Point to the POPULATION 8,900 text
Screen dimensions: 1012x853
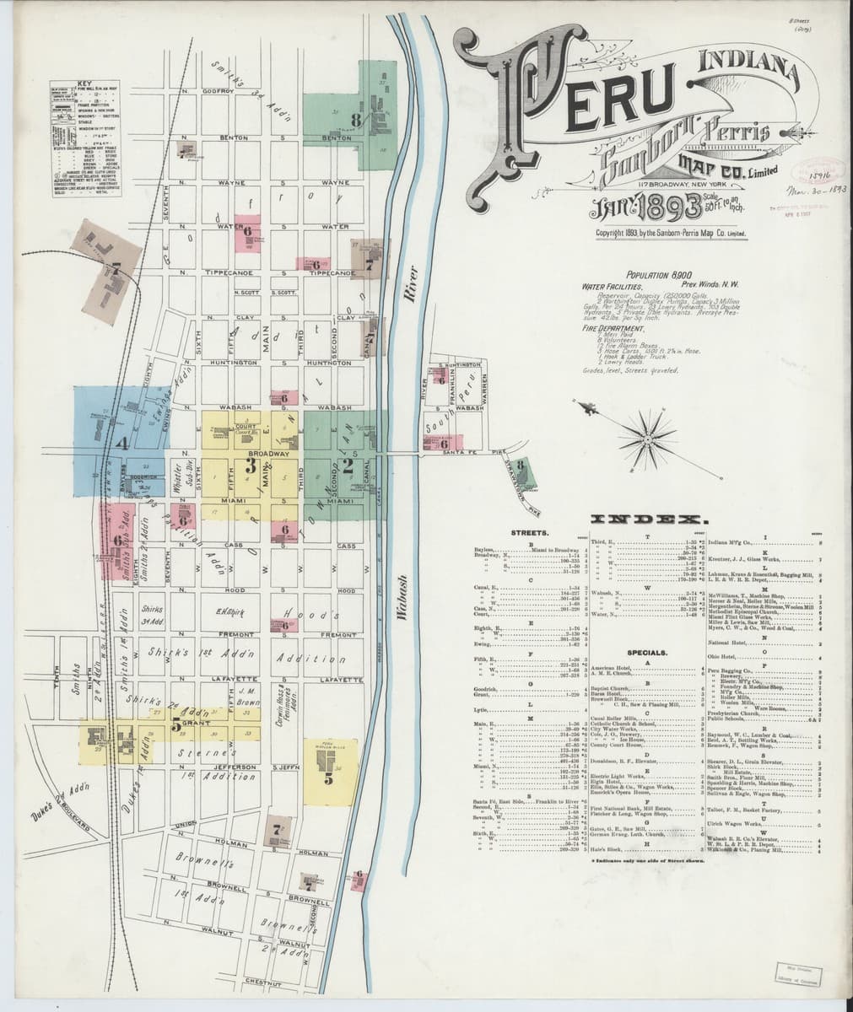click(659, 275)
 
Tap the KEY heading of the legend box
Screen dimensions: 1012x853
click(84, 83)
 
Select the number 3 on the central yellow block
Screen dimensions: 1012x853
click(250, 463)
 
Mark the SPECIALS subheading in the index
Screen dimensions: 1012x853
click(647, 652)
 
